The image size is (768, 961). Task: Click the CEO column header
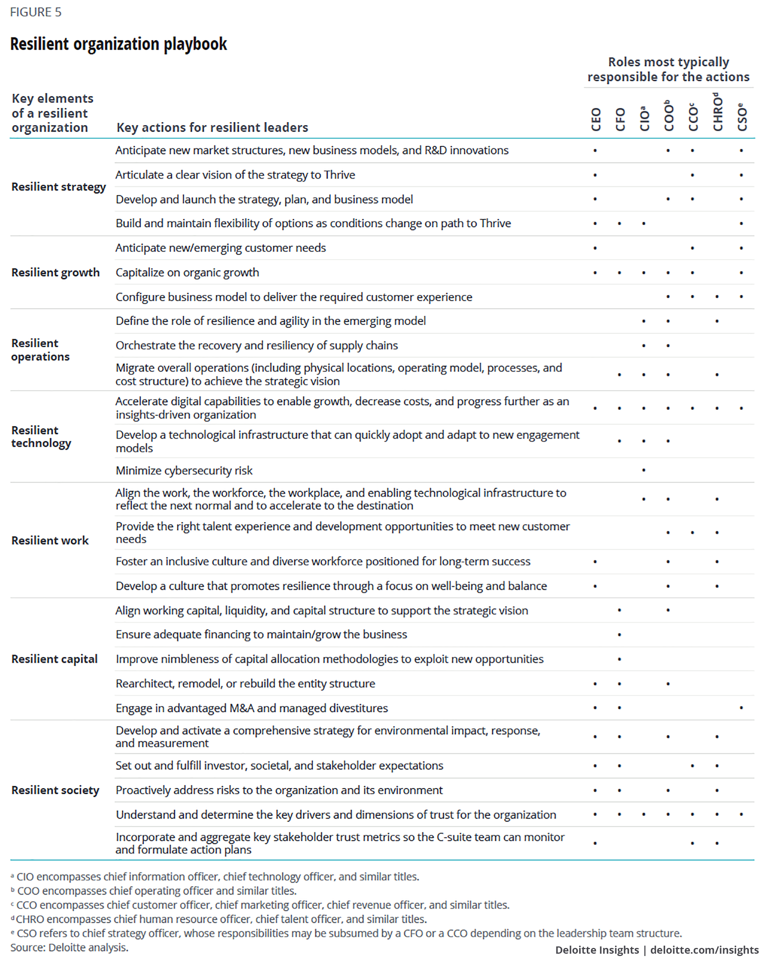(596, 119)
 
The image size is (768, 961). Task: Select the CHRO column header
(717, 112)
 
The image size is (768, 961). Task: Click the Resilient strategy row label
(58, 187)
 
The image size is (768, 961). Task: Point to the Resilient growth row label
(55, 272)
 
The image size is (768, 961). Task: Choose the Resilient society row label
(55, 790)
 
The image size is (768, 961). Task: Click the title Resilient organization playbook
(119, 44)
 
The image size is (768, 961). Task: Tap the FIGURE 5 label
(36, 12)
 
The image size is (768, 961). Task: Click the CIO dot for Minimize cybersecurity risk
(644, 470)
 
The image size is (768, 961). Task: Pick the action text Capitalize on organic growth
(187, 272)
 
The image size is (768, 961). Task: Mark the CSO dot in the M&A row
(741, 708)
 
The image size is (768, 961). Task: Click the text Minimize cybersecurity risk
(184, 470)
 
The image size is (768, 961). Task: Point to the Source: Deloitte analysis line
(70, 947)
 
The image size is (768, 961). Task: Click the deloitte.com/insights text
(704, 950)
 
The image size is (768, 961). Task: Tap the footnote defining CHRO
(219, 919)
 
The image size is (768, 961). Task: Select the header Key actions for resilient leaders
(212, 128)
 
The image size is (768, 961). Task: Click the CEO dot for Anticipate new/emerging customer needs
(595, 248)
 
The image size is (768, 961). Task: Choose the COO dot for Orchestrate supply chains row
(668, 345)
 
